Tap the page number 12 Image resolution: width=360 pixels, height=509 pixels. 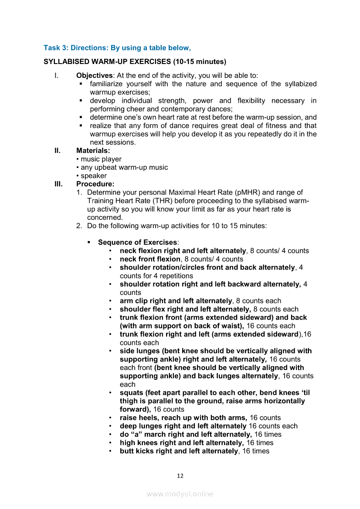pos(180,476)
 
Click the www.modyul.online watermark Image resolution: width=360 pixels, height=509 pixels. pos(180,494)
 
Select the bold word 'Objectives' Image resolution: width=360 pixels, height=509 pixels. pos(94,76)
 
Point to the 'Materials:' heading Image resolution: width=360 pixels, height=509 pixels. pos(93,151)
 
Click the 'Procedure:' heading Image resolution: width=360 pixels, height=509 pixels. pos(95,184)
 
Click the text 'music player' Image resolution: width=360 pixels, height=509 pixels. pos(101,159)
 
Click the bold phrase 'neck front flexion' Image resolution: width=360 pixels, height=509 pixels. pos(150,259)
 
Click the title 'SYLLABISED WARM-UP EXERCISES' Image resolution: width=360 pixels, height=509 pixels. pos(107,61)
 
